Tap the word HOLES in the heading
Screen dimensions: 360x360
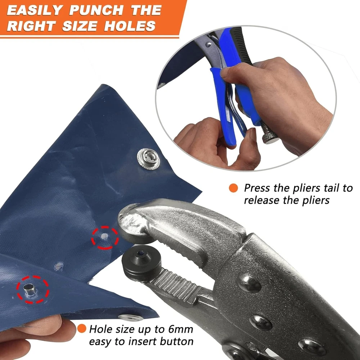130,26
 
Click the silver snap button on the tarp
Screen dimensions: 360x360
149,159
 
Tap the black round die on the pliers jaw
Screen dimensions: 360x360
141,260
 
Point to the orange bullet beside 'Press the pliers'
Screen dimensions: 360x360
233,188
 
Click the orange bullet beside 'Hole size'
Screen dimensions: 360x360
81,329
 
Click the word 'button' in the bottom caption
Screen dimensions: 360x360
176,341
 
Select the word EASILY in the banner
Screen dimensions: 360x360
35,10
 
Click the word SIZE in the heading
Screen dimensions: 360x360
80,26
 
